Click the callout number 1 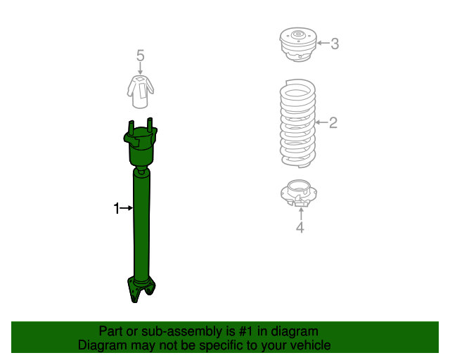(x=117, y=208)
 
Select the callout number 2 (x=333, y=123)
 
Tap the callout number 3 (x=335, y=44)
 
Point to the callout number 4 (x=300, y=227)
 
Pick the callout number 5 (x=141, y=56)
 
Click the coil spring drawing (x=298, y=123)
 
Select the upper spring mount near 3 (x=298, y=45)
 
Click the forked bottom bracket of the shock (x=141, y=288)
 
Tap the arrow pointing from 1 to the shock (x=127, y=208)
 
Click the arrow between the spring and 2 (x=321, y=123)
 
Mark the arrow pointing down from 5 (x=141, y=69)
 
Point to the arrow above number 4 (x=300, y=212)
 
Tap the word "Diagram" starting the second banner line (x=103, y=345)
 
